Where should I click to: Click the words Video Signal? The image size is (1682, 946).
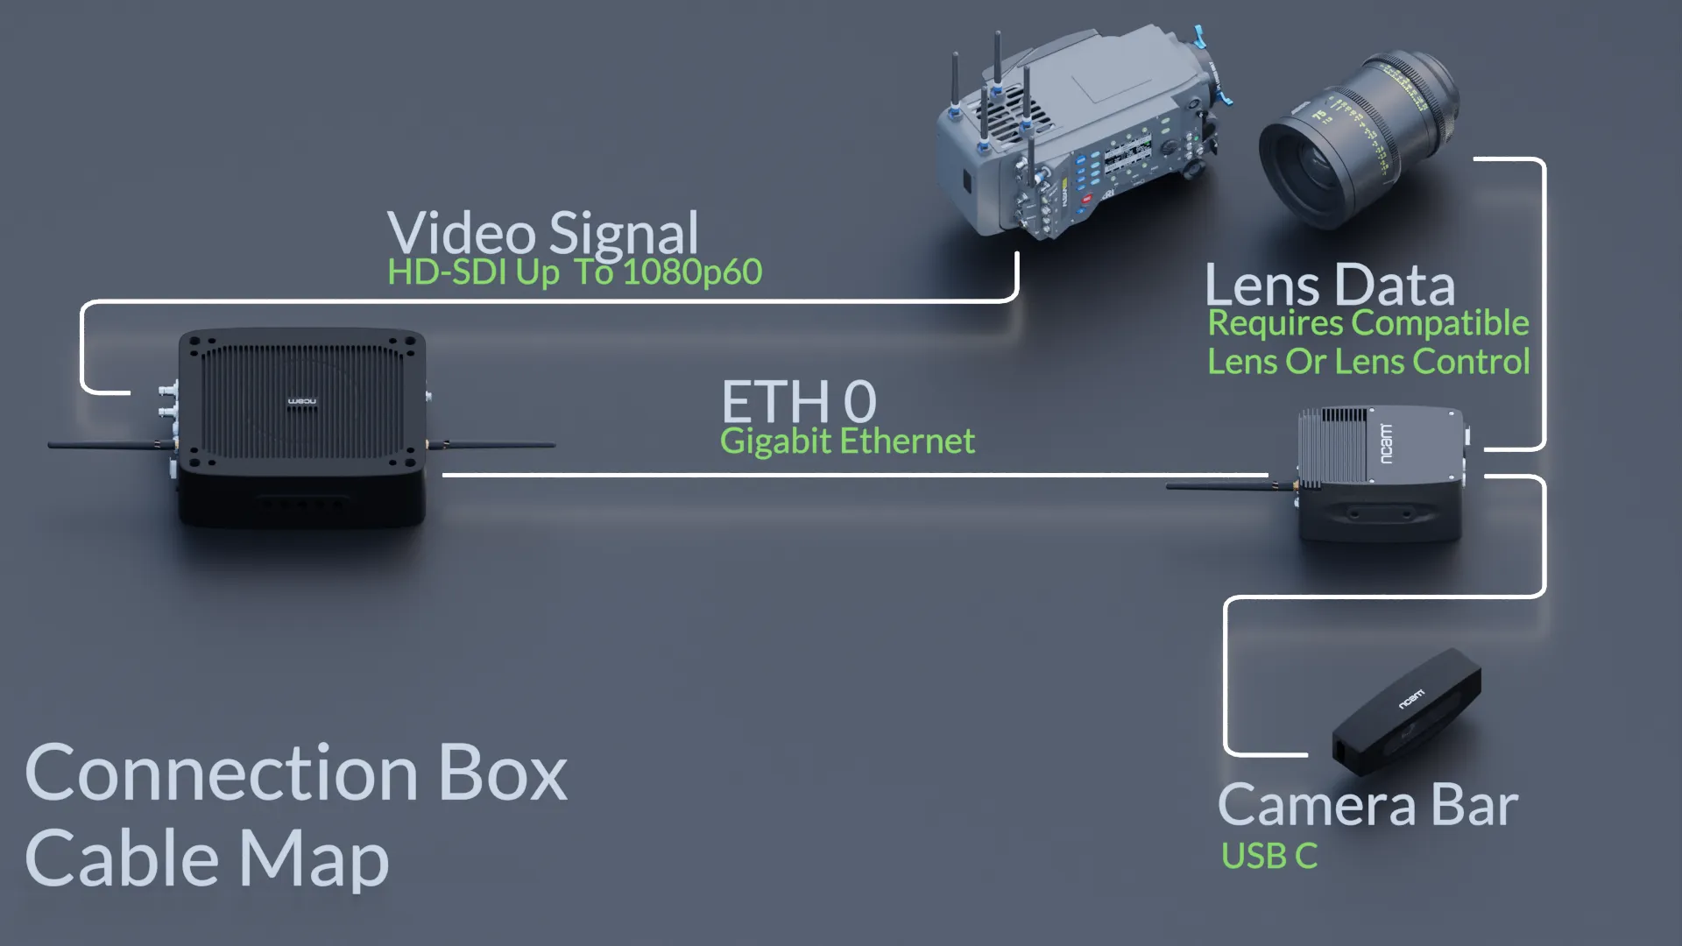point(543,233)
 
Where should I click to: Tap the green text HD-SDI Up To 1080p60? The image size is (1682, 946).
point(575,272)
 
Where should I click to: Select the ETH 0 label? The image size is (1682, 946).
point(798,401)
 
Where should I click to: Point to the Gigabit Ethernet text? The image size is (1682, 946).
point(847,441)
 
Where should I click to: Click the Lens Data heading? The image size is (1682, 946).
point(1330,285)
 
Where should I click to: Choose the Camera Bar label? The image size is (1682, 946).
point(1368,805)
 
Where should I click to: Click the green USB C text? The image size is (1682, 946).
point(1269,856)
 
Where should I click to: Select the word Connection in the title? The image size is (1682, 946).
point(222,773)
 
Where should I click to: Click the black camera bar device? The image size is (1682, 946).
point(1407,710)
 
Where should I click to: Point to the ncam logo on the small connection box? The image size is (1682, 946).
point(1385,443)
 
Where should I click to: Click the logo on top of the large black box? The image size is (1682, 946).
point(302,401)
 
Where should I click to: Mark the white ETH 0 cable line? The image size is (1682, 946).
point(855,475)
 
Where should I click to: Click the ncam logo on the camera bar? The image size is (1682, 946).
point(1411,699)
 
